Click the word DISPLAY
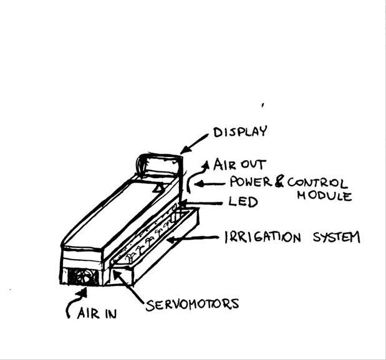pos(240,132)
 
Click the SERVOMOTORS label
pos(192,305)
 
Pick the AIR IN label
pos(96,313)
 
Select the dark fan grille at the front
pos(81,277)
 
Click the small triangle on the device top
pos(160,186)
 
